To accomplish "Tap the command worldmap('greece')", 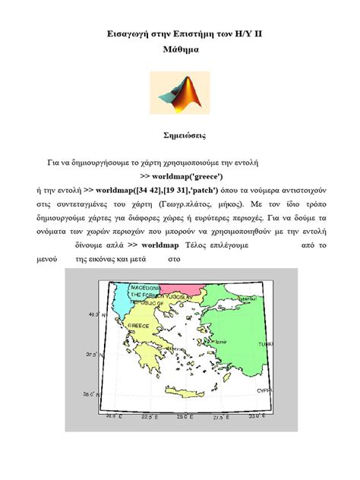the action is point(180,175).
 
